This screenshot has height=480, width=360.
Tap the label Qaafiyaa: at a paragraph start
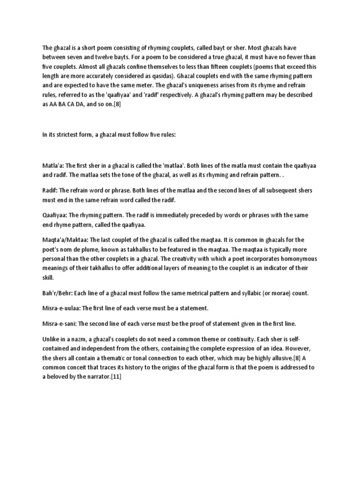tap(55, 214)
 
